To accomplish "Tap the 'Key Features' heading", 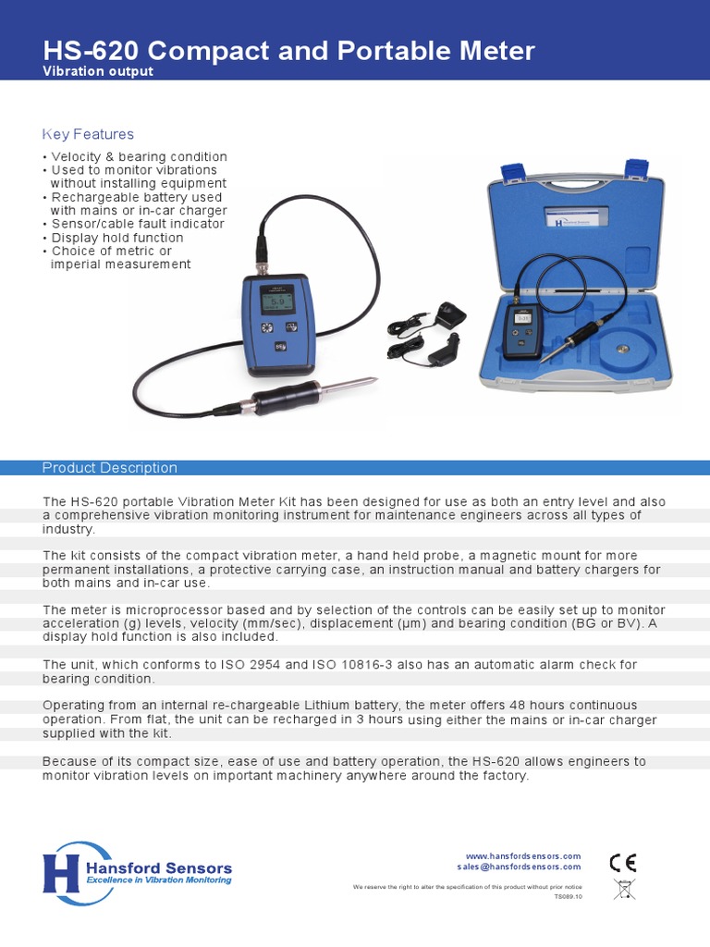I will pyautogui.click(x=88, y=134).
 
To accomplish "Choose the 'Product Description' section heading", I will pyautogui.click(x=110, y=468).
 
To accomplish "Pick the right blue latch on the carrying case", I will pyautogui.click(x=636, y=169).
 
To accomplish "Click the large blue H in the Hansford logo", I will pyautogui.click(x=59, y=873).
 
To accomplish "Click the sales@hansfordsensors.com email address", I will pyautogui.click(x=519, y=867).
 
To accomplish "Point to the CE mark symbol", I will pyautogui.click(x=622, y=862).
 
